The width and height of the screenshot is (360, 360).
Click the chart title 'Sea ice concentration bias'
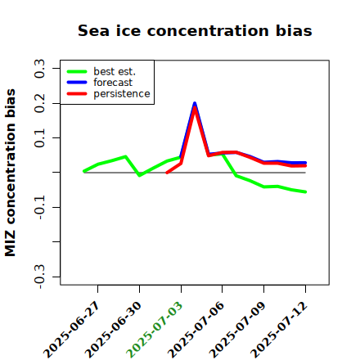(195, 30)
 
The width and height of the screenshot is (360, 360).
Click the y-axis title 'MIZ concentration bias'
(11, 173)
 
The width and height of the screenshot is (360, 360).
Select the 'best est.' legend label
(115, 71)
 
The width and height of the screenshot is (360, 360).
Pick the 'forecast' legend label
(113, 83)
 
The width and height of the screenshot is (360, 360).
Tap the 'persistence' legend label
(122, 94)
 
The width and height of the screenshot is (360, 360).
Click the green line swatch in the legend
(77, 71)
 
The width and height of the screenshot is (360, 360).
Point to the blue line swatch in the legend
(77, 83)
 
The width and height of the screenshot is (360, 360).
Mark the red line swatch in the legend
(77, 94)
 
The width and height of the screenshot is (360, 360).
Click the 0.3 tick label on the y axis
(39, 69)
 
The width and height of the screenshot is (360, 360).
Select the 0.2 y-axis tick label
(39, 103)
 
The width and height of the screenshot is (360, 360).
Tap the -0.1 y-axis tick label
(39, 208)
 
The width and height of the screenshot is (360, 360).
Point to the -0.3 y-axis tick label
(39, 277)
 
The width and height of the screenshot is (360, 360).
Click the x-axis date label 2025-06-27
(72, 330)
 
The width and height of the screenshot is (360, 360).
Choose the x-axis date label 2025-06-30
(114, 330)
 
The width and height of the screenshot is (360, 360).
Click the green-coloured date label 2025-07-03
(155, 330)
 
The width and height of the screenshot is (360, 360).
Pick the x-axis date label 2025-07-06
(196, 330)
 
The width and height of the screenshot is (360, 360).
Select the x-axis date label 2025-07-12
(279, 330)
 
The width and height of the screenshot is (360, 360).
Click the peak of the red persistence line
(195, 107)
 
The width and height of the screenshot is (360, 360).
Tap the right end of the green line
(305, 192)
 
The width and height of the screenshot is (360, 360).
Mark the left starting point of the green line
(84, 171)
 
